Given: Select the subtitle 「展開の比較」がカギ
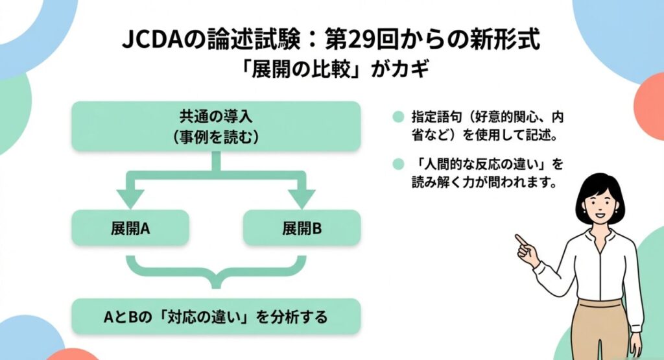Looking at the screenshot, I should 332,70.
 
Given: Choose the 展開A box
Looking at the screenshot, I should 130,228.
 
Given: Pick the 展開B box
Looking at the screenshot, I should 302,228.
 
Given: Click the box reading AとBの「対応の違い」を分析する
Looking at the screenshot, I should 215,318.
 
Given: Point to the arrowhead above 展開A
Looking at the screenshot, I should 130,197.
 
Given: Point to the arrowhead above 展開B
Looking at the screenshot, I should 302,197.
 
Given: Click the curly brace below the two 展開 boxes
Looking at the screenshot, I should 215,272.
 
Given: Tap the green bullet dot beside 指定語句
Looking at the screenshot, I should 398,118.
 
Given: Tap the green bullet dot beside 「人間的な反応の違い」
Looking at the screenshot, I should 398,163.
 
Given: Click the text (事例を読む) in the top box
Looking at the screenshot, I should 215,136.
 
